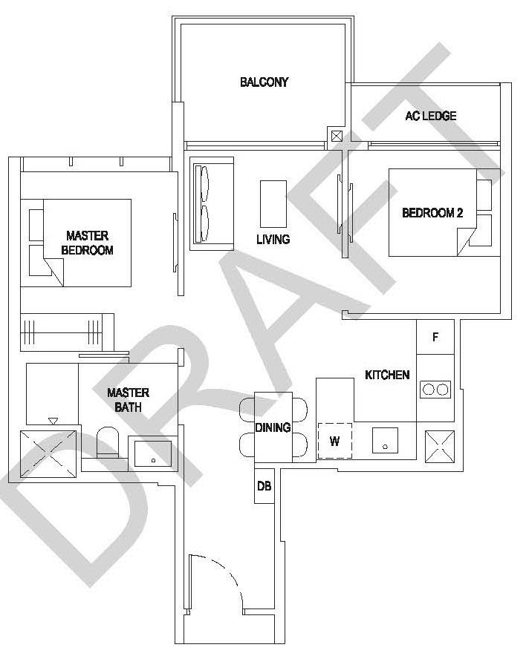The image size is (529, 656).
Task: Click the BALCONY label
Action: point(264,82)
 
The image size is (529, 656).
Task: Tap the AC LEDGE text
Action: point(430,116)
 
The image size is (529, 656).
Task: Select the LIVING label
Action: point(273,240)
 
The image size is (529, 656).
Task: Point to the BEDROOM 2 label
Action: point(432,213)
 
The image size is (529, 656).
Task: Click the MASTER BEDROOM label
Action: point(87,243)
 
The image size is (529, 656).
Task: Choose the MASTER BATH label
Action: point(128,400)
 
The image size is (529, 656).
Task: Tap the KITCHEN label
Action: point(386,375)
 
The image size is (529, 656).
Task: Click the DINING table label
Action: point(273,427)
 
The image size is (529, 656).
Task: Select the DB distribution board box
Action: point(264,486)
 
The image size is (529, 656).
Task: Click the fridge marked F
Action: point(435,338)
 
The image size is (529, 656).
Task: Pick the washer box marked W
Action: point(334,441)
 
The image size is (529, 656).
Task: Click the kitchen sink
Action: point(385,439)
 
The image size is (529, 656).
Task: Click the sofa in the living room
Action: point(212,203)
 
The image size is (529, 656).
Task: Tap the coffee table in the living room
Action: point(273,203)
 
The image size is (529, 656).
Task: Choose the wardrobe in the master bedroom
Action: point(66,327)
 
